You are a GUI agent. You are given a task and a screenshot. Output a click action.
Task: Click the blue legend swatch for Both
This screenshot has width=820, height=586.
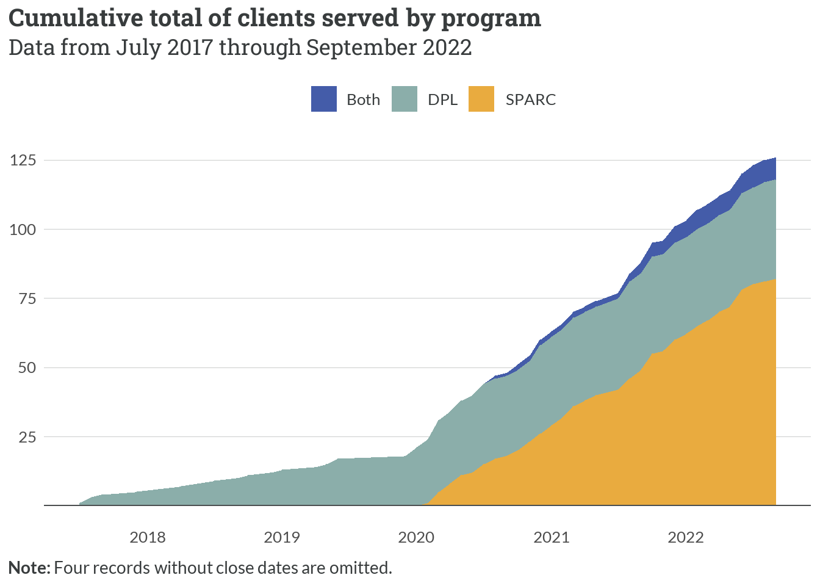(323, 99)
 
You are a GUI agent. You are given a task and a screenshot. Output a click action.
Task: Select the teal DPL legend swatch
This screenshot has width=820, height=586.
(404, 99)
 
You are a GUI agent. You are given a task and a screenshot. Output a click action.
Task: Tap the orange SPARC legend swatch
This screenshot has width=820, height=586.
(481, 99)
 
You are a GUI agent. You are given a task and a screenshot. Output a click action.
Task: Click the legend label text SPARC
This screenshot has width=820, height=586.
(530, 99)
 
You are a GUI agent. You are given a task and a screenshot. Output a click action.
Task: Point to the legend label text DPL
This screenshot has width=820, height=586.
(442, 99)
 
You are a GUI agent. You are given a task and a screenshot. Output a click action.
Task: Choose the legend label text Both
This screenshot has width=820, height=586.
(363, 99)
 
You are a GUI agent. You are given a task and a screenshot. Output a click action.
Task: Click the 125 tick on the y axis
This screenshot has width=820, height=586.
(23, 160)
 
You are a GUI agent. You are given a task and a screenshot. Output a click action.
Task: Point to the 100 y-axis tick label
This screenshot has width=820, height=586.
(23, 230)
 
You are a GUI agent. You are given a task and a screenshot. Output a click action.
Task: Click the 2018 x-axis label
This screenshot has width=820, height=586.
(148, 537)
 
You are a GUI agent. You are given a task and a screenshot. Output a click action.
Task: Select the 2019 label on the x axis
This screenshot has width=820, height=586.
(282, 537)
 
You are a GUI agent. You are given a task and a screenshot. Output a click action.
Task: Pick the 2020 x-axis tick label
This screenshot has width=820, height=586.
(416, 537)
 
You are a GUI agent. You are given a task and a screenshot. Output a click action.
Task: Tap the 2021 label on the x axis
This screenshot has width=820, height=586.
(551, 537)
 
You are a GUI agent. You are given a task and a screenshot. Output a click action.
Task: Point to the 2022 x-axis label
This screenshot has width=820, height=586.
(686, 537)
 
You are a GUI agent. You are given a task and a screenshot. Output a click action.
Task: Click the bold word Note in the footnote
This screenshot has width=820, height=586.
(28, 568)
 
